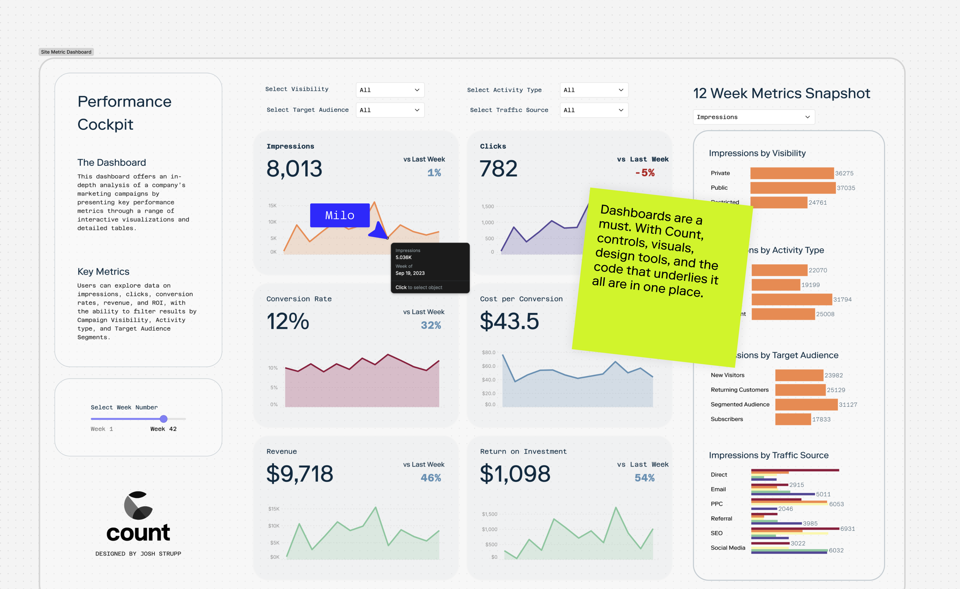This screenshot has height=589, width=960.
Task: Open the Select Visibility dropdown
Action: (390, 90)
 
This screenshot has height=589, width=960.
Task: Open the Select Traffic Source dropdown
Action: (594, 110)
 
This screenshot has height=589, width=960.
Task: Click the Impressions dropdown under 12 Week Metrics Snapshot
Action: (754, 117)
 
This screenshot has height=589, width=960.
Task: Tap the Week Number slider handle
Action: (164, 419)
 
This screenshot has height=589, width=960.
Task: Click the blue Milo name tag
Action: (340, 215)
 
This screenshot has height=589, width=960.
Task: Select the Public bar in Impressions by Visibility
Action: (792, 188)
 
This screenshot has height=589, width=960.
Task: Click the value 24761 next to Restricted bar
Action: (817, 203)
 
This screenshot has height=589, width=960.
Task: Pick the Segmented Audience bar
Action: (806, 405)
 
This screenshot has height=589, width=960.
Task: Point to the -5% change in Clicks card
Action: (645, 173)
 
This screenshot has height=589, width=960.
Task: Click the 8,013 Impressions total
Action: (294, 169)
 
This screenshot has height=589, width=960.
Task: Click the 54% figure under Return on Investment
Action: (644, 478)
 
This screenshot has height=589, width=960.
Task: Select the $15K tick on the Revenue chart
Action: (274, 509)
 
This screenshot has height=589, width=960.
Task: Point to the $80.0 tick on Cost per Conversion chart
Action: (488, 352)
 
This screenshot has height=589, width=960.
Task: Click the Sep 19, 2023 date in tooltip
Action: (410, 273)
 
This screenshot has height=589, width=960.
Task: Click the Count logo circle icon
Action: (138, 505)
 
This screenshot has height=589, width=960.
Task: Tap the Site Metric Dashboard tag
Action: (66, 52)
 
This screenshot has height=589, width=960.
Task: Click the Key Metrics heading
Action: (103, 272)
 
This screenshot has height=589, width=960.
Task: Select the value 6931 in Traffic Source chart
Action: (847, 529)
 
